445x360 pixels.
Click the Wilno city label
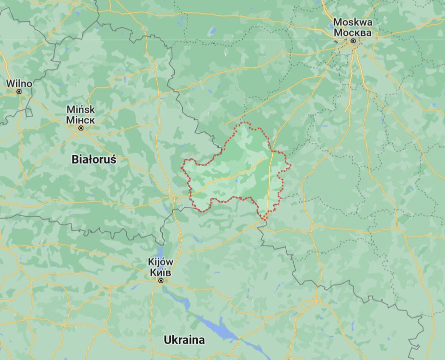(19, 83)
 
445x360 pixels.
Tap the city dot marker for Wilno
(19, 91)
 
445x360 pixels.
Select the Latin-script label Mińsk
(80, 110)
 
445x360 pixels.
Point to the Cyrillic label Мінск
(80, 119)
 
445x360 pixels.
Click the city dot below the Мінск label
(80, 128)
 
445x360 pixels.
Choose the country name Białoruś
(94, 159)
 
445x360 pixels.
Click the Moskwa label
(353, 22)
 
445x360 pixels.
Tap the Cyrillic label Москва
(353, 32)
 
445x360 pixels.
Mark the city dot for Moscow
(353, 41)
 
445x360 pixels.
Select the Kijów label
(161, 262)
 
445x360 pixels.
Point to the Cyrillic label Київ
(161, 272)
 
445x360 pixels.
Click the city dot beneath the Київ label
(161, 281)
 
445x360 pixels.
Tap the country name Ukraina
(184, 340)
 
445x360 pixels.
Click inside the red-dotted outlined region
(240, 170)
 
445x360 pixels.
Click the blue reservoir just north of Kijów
(161, 251)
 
